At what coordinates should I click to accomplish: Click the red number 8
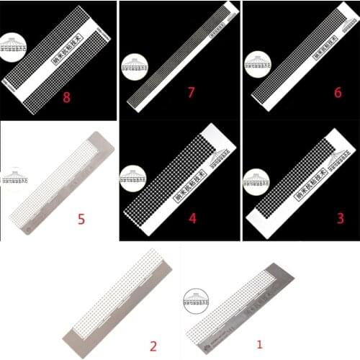(x=66, y=97)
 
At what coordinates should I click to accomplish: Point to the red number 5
(x=81, y=218)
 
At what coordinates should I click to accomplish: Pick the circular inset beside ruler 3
(x=256, y=180)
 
